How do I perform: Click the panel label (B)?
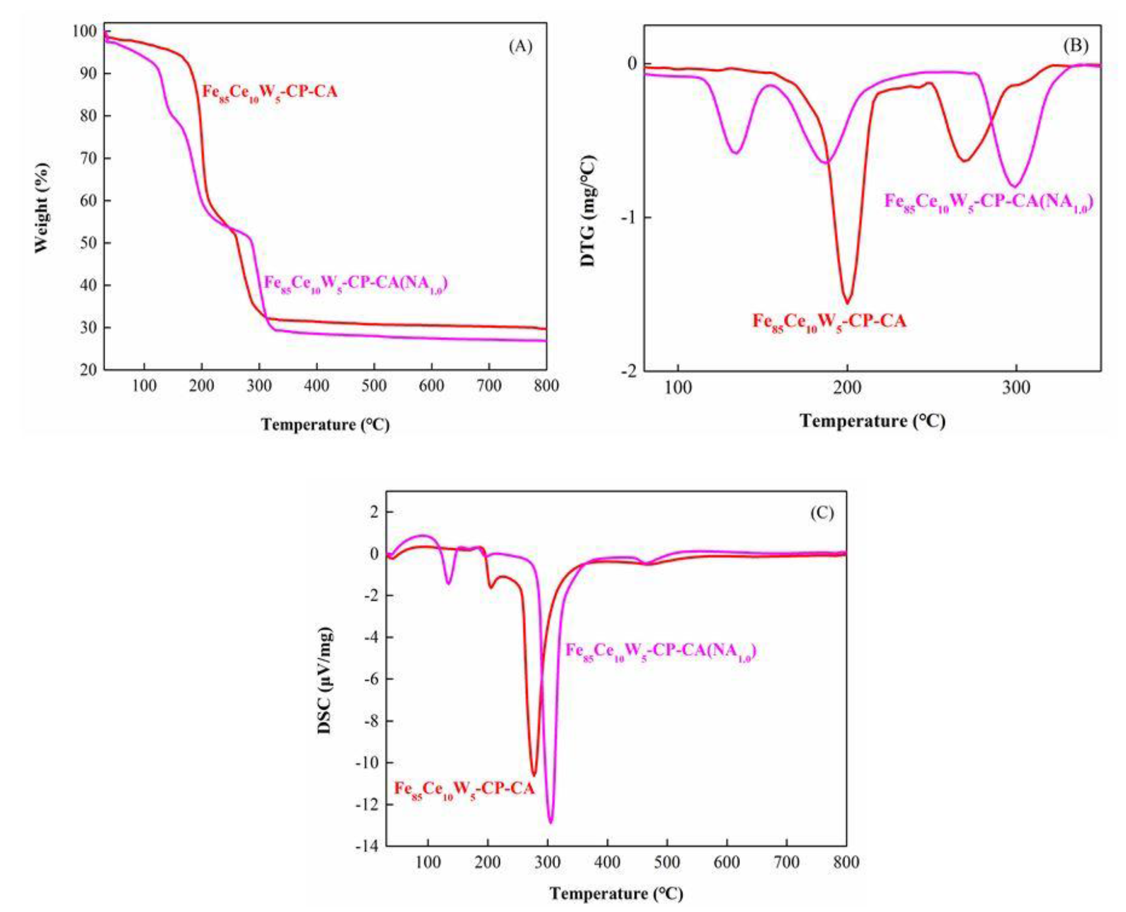coord(1075,45)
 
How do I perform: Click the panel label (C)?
coord(822,513)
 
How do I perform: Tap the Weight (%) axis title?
coord(41,207)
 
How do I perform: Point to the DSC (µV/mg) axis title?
coord(325,681)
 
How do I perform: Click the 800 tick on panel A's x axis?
coord(546,386)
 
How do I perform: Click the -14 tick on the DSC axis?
coord(366,846)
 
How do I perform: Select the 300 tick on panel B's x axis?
coord(1016,388)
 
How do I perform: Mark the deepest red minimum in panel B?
coord(848,302)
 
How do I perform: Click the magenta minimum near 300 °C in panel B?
coord(1014,186)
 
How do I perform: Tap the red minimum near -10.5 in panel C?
coord(534,775)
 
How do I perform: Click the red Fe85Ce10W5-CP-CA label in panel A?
coord(270,92)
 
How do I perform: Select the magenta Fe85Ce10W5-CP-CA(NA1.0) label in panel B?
coord(988,202)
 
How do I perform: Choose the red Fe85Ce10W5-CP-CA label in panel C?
coord(464,790)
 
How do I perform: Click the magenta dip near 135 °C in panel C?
coord(449,583)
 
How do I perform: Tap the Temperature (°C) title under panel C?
coord(616,893)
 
